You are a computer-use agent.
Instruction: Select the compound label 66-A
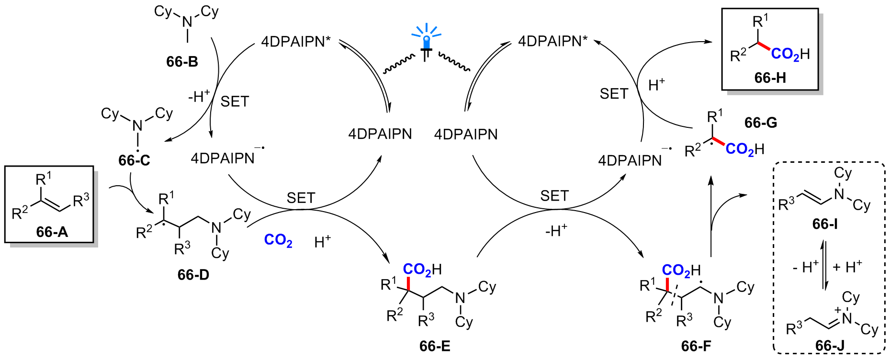pyautogui.click(x=52, y=232)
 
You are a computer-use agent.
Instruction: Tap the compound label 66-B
pyautogui.click(x=182, y=62)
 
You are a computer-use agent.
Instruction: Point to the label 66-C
pyautogui.click(x=134, y=160)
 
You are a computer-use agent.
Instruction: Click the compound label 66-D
pyautogui.click(x=193, y=275)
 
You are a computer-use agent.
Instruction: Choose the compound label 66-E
pyautogui.click(x=435, y=346)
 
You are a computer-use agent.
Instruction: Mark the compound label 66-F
pyautogui.click(x=696, y=346)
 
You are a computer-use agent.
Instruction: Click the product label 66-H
pyautogui.click(x=770, y=78)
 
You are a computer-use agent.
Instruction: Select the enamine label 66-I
pyautogui.click(x=825, y=224)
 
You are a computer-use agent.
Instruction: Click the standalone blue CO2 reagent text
pyautogui.click(x=278, y=240)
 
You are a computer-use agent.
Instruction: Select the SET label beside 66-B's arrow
pyautogui.click(x=235, y=101)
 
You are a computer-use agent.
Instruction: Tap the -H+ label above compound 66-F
pyautogui.click(x=556, y=231)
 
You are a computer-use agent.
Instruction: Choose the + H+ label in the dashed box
pyautogui.click(x=847, y=267)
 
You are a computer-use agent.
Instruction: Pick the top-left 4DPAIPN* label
pyautogui.click(x=296, y=42)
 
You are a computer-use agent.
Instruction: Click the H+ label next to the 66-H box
pyautogui.click(x=656, y=85)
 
